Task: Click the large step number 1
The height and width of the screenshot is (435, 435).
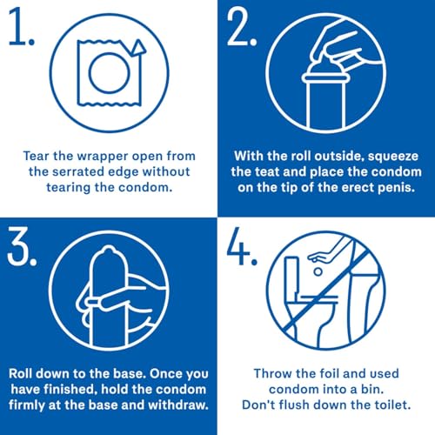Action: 21,27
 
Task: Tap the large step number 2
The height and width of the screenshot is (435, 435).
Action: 242,27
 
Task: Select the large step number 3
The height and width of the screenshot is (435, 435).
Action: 22,246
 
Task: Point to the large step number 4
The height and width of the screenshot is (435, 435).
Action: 242,246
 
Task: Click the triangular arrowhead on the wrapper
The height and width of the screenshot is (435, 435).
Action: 137,48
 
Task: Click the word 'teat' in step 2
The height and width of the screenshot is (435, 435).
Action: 265,172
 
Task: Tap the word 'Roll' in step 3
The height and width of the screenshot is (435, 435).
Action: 21,373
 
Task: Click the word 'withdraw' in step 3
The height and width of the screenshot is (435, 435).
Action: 178,405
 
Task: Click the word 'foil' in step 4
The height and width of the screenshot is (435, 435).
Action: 311,373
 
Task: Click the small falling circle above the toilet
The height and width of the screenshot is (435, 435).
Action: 318,271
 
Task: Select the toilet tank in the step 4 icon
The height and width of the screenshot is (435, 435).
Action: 291,276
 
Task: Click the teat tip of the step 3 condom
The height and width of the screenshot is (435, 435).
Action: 108,249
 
